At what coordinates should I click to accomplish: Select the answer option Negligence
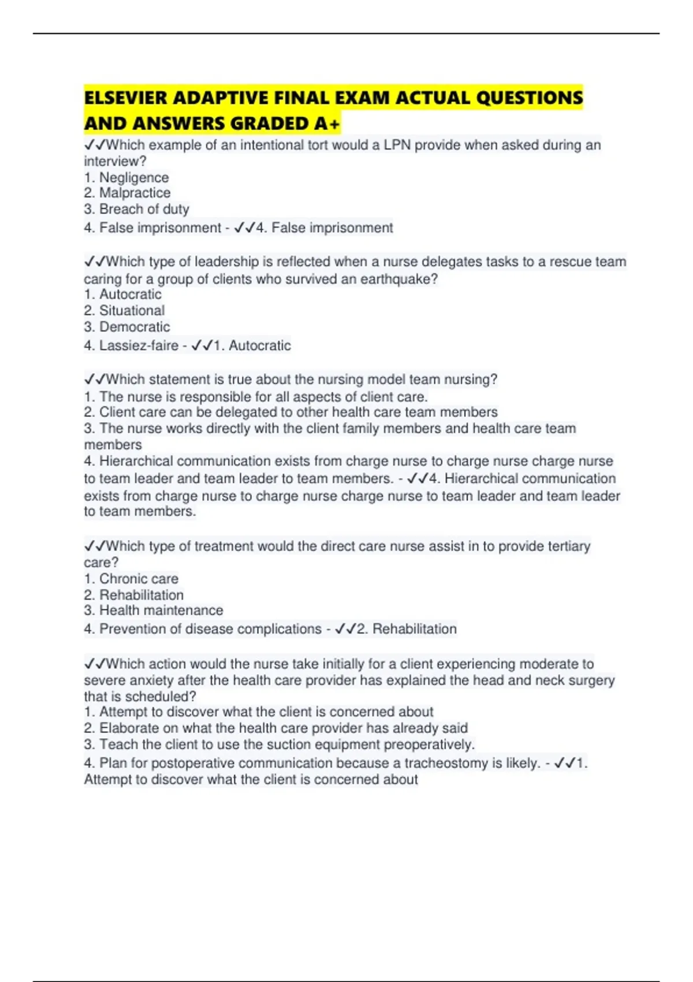pos(134,177)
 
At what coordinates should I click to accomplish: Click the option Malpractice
pos(135,193)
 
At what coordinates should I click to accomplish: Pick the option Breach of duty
pos(144,209)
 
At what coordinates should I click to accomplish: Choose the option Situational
pos(132,311)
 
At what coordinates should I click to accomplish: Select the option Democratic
pos(135,327)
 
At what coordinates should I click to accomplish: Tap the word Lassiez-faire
pos(139,345)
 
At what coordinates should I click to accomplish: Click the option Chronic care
pos(139,579)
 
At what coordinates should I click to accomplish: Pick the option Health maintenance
pos(161,611)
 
